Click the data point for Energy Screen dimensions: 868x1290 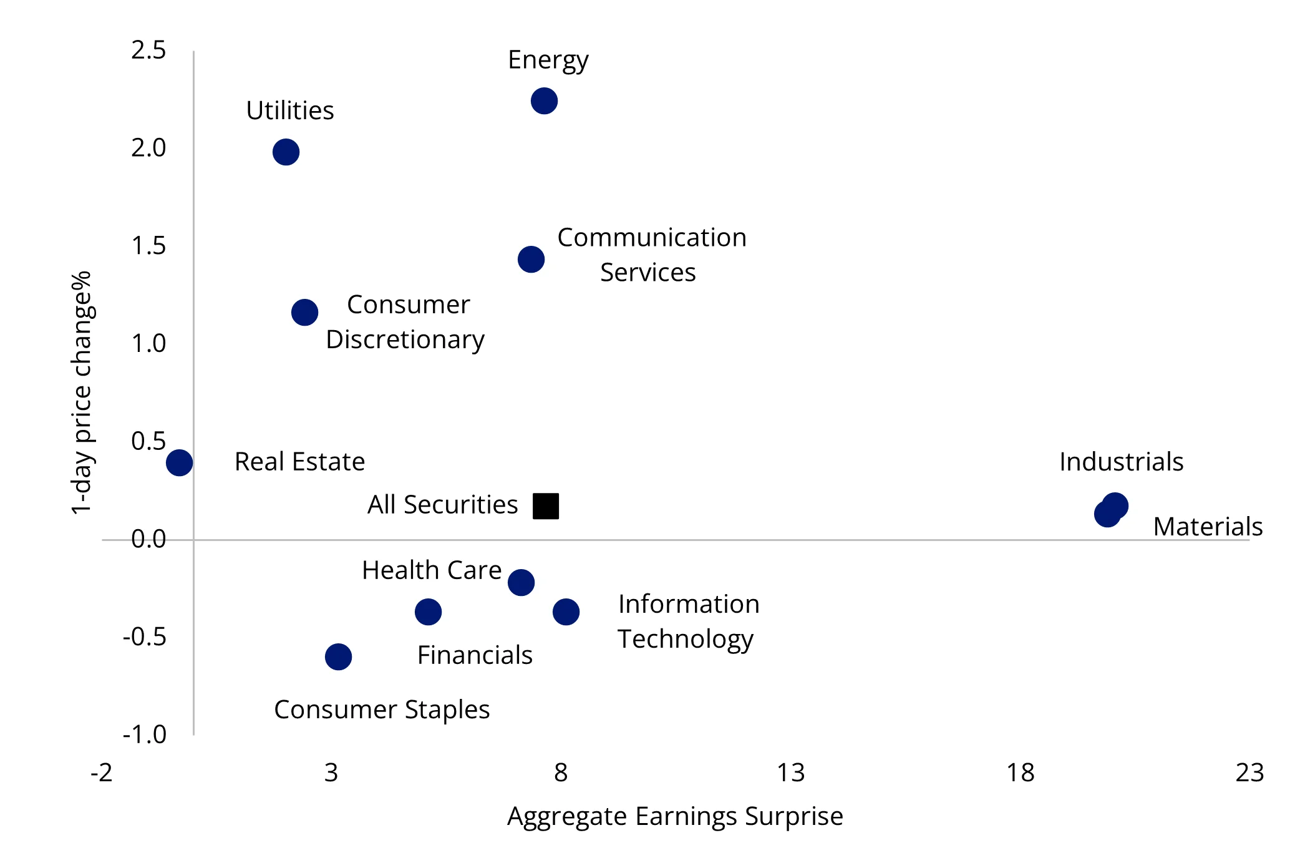tap(544, 100)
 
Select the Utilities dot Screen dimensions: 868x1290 tap(286, 152)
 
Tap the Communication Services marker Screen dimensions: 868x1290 tap(531, 259)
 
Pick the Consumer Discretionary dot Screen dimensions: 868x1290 tap(304, 312)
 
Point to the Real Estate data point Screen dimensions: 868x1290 tap(179, 462)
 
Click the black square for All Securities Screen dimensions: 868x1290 tap(546, 506)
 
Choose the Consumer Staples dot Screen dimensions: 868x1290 tap(338, 656)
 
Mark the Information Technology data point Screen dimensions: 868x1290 tap(566, 612)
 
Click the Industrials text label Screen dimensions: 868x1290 tap(1121, 462)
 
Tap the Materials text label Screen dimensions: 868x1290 tap(1208, 527)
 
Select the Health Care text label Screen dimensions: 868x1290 tap(432, 570)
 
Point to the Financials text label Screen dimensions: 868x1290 tap(475, 655)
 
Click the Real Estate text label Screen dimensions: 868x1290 tap(299, 462)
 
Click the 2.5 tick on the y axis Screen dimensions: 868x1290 tap(148, 50)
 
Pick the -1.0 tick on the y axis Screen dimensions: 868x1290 tap(145, 734)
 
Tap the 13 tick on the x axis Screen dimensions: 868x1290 tap(791, 773)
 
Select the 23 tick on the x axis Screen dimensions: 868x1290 tap(1249, 773)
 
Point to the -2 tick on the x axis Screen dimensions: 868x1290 tap(102, 773)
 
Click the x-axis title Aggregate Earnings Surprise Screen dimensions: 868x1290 tap(675, 816)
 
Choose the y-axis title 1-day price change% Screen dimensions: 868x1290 tap(82, 393)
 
